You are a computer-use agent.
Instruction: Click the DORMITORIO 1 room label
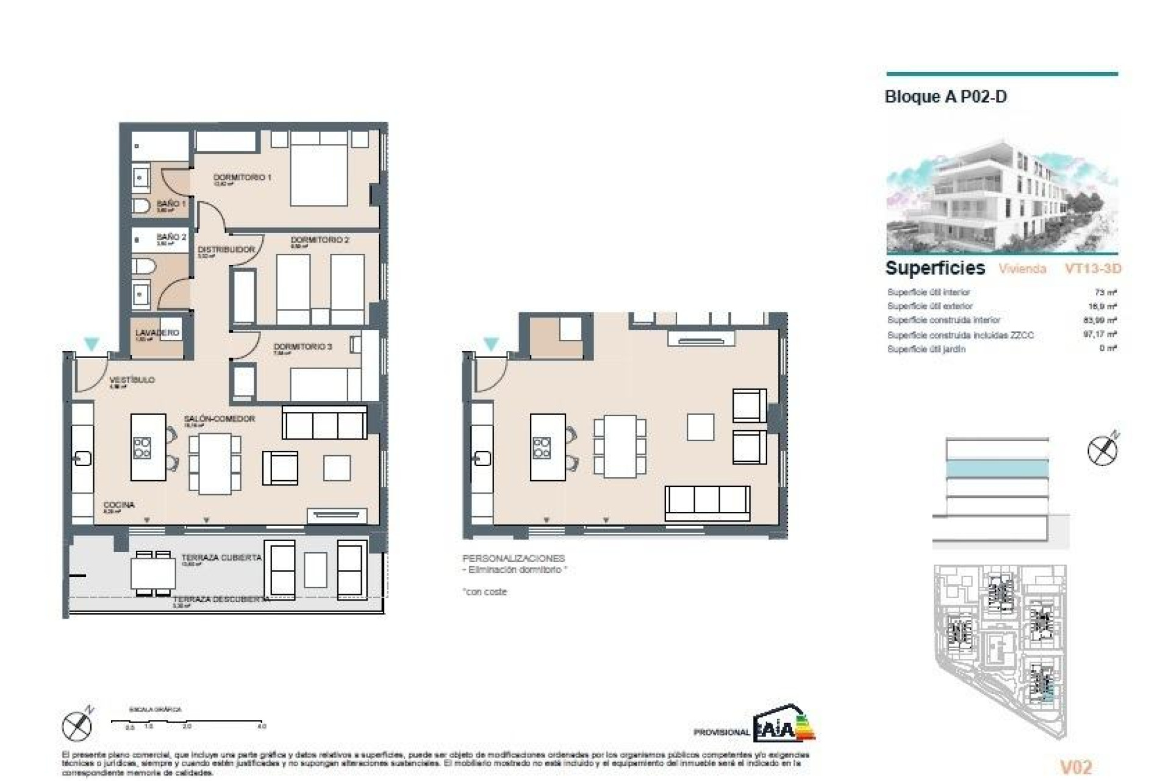(x=242, y=177)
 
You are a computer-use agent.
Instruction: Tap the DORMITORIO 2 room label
(x=320, y=240)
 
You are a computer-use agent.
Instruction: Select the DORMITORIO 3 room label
(x=303, y=347)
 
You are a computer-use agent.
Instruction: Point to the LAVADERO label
(x=157, y=333)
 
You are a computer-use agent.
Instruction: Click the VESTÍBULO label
(x=132, y=380)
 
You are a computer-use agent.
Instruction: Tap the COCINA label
(x=119, y=505)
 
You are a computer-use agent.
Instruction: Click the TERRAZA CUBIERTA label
(x=221, y=557)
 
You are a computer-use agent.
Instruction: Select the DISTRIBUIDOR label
(x=226, y=250)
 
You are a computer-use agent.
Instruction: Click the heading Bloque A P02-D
(x=945, y=97)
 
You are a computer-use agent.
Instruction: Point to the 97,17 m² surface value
(x=1100, y=334)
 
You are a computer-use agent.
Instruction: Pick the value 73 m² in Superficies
(x=1105, y=292)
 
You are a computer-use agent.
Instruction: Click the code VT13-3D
(x=1093, y=268)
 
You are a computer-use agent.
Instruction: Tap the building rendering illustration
(x=1001, y=196)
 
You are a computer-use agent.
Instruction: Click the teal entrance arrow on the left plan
(x=91, y=344)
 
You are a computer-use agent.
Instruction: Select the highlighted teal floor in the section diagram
(x=997, y=469)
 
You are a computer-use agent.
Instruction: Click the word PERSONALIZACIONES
(x=514, y=558)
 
